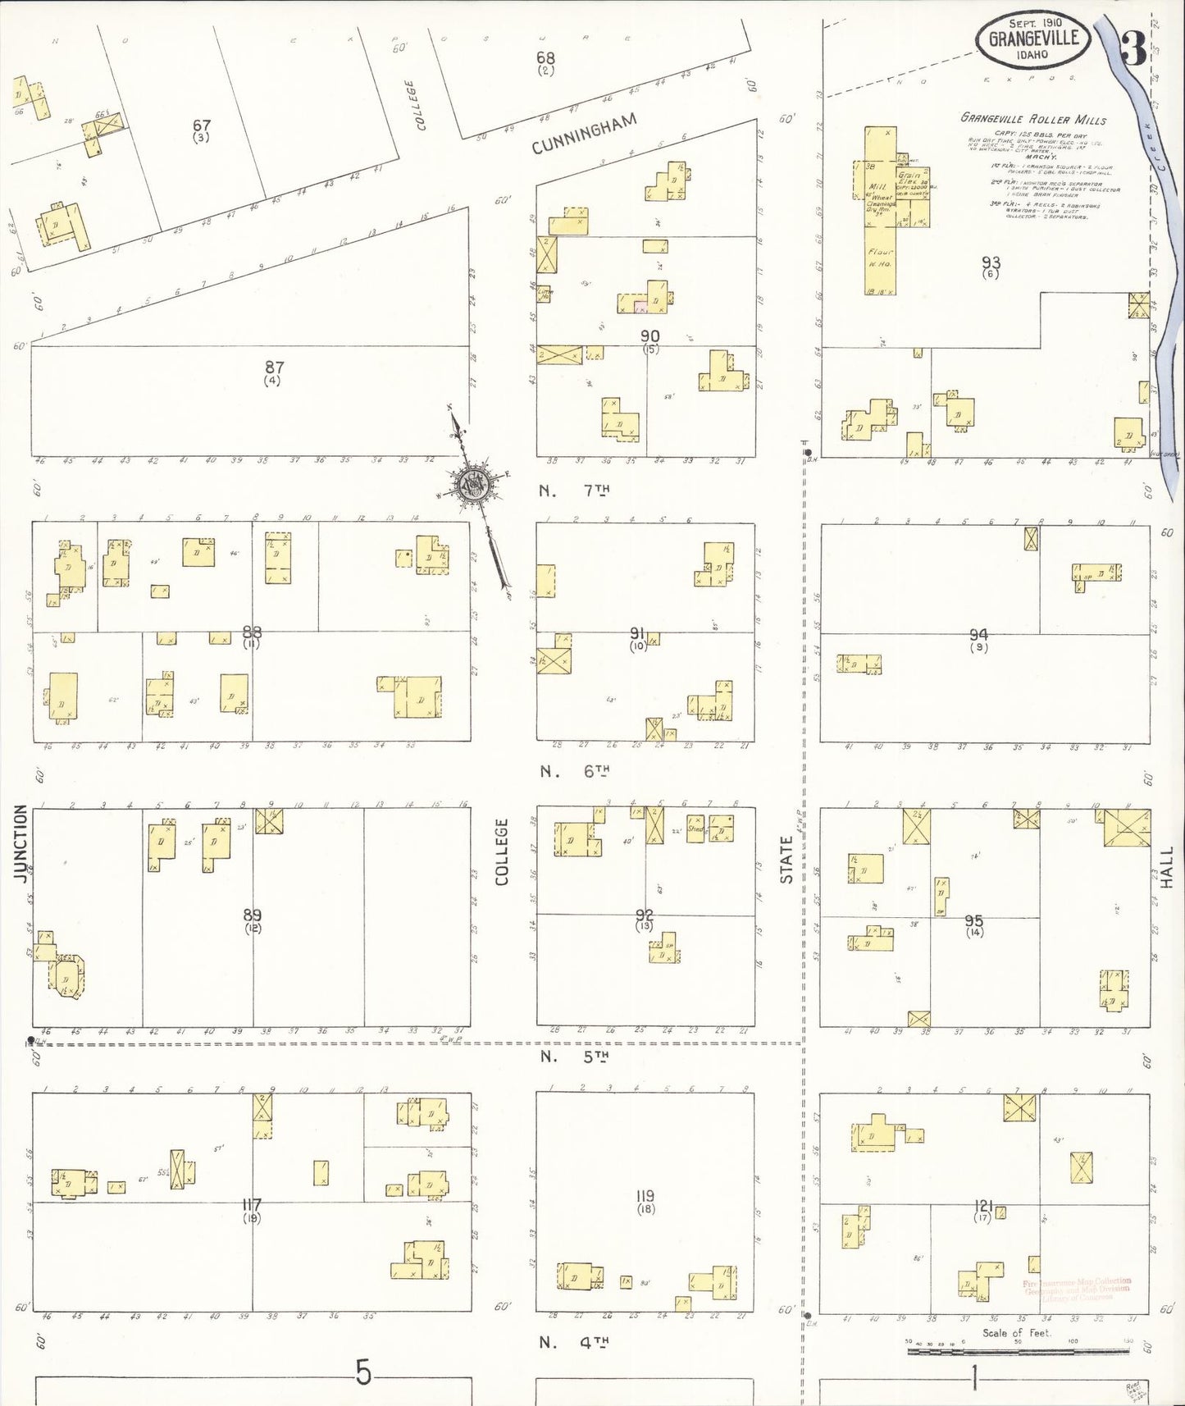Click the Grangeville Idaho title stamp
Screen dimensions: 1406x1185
point(1032,40)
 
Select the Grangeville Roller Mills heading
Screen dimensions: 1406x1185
point(1033,119)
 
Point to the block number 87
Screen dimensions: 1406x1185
point(273,368)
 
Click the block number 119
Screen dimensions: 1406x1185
point(645,1197)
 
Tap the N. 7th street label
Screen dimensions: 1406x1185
point(574,491)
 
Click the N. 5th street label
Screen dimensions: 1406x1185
point(574,1057)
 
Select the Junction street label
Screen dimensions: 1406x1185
point(21,842)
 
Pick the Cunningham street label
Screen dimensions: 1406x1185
point(584,134)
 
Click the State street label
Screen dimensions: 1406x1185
point(786,860)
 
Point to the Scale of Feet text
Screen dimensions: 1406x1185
point(1016,1333)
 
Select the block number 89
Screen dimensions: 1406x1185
point(253,915)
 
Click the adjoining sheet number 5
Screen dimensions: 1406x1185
point(363,1372)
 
